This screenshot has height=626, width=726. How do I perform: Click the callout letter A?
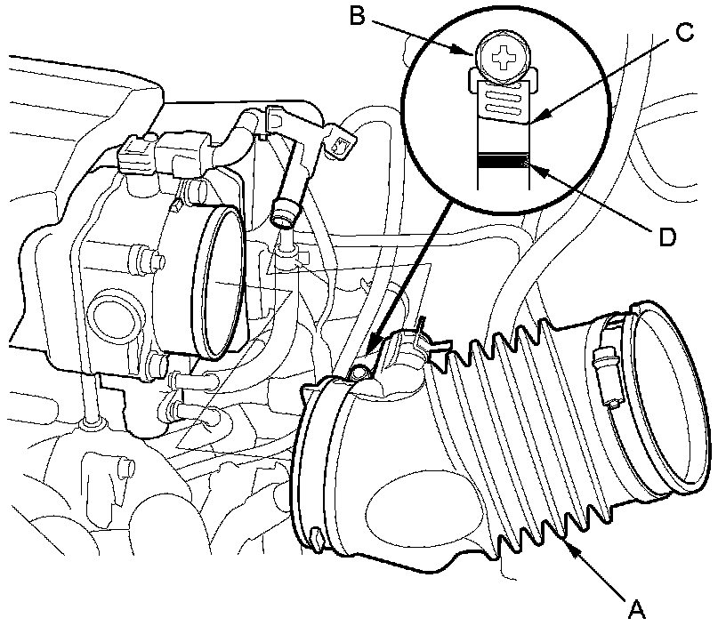coord(635,609)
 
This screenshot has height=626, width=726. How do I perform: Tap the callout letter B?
coord(358,18)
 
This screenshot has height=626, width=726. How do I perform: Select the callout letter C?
coord(683,33)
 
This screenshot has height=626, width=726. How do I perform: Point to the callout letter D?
coord(667,237)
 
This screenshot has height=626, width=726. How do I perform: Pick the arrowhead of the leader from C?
coord(539,118)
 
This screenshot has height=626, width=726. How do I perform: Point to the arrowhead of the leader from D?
coord(529,163)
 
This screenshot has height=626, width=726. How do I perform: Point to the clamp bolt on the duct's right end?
coord(601,365)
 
